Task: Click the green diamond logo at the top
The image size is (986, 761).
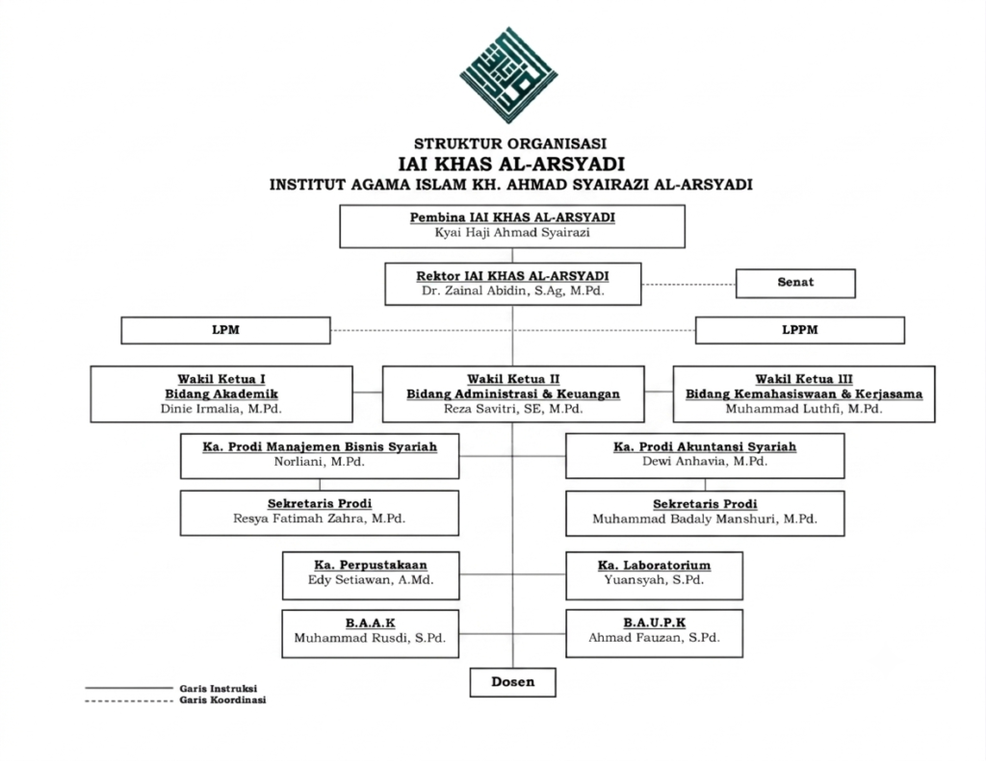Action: (508, 75)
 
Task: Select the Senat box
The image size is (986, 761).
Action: (795, 284)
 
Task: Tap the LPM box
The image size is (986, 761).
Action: (225, 331)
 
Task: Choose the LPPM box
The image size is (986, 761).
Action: (800, 331)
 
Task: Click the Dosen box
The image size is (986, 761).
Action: (512, 682)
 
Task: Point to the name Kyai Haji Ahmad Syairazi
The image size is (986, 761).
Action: (512, 233)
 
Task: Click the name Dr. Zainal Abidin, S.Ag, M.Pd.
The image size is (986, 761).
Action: (513, 291)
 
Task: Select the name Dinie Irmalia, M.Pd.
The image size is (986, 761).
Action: (221, 409)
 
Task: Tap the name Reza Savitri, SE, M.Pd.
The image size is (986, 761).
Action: (513, 409)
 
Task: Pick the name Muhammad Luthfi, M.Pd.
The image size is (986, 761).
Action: (804, 409)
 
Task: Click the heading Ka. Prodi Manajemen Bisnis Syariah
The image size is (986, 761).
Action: (320, 446)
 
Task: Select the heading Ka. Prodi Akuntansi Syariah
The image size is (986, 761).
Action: (705, 446)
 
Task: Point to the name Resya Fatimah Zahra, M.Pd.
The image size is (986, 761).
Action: (320, 520)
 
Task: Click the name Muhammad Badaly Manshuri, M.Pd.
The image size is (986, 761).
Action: (705, 520)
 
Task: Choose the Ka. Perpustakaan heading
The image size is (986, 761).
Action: (371, 565)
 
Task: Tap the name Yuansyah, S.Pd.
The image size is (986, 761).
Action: (654, 580)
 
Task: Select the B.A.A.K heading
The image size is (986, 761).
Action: (371, 623)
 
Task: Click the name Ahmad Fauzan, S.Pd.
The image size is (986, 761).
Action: (654, 638)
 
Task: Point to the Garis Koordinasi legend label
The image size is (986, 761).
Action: (222, 700)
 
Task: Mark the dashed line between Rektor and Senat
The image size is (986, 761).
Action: (688, 285)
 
